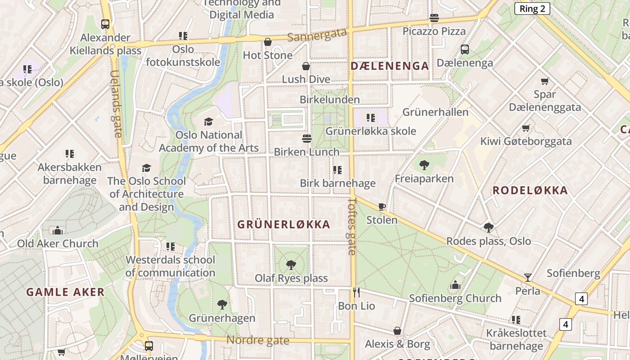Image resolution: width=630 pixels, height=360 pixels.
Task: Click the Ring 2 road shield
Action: [x=532, y=9]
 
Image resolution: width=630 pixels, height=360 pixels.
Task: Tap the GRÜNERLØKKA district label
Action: [x=283, y=224]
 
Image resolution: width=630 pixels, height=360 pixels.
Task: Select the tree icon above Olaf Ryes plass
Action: [x=291, y=265]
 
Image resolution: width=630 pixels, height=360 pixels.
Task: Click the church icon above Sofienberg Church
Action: [x=455, y=285]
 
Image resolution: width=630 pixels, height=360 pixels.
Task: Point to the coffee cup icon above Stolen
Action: [x=382, y=207]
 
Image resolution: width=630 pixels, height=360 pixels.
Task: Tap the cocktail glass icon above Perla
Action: [x=528, y=277]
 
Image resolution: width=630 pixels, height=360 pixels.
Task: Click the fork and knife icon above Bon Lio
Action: [x=356, y=292]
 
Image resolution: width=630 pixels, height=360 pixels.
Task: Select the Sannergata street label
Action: [x=317, y=35]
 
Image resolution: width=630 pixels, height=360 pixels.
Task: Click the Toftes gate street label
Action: [x=352, y=226]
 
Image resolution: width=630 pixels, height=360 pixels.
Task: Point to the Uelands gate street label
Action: [x=116, y=103]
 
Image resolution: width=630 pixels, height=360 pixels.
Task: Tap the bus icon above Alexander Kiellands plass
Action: [x=105, y=24]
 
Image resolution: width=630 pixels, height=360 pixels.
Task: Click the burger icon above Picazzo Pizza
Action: [x=434, y=18]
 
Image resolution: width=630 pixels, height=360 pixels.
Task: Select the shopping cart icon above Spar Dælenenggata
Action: [x=544, y=81]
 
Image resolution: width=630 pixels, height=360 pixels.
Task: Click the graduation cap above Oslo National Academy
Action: [x=208, y=121]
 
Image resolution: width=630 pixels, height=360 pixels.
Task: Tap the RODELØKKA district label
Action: [x=530, y=190]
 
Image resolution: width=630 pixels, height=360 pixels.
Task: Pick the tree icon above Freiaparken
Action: [x=424, y=165]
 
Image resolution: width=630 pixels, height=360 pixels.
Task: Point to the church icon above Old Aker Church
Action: [x=58, y=230]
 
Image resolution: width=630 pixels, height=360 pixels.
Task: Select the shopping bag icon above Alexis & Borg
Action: [x=397, y=331]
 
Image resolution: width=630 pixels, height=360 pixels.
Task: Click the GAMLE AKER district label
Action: [x=65, y=292]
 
